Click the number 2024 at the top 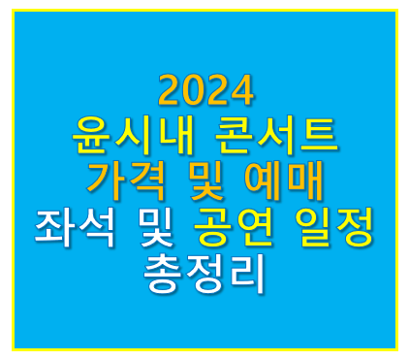[204, 92]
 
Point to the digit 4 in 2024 [242, 92]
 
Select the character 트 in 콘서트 [320, 135]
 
